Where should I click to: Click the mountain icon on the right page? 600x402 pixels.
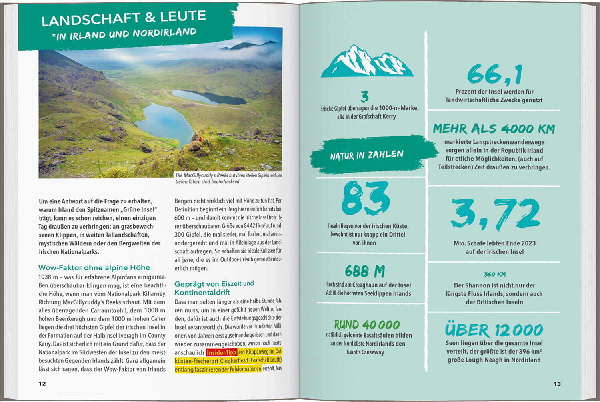[x=366, y=62]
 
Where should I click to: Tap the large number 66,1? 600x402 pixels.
[x=494, y=74]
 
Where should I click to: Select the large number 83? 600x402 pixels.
[x=365, y=198]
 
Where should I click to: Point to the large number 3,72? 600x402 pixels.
[x=495, y=213]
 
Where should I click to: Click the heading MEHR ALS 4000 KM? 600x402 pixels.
[x=494, y=129]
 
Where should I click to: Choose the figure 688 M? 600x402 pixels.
[x=365, y=271]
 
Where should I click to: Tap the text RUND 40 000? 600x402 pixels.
[x=367, y=324]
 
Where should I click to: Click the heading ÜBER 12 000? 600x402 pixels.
[x=494, y=330]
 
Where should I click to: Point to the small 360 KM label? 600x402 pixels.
[x=494, y=274]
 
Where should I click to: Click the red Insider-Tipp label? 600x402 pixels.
[x=221, y=352]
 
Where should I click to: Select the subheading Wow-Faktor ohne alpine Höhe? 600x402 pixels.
[x=94, y=267]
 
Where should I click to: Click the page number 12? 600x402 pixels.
[x=42, y=384]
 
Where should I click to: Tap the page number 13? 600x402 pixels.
[x=557, y=384]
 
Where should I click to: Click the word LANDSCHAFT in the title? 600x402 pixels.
[x=91, y=19]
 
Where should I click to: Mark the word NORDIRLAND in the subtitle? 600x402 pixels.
[x=164, y=33]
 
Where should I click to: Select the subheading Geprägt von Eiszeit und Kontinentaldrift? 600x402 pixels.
[x=214, y=288]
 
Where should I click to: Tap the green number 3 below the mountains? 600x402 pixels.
[x=364, y=97]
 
